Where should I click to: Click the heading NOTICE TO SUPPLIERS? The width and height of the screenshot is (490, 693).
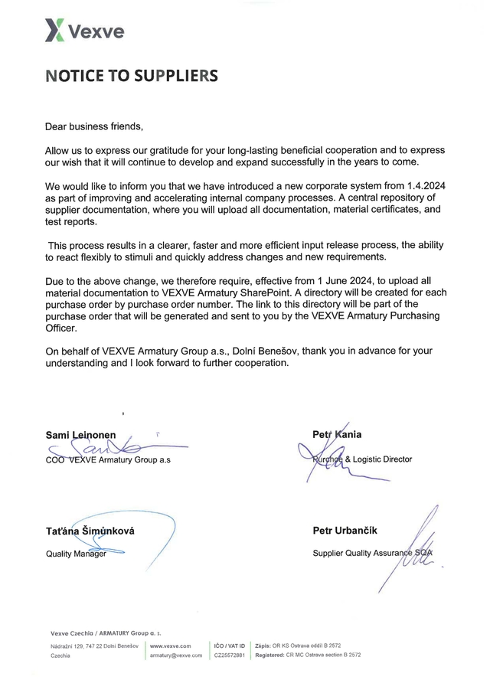click(131, 76)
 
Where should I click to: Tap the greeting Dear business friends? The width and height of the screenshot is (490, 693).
click(94, 126)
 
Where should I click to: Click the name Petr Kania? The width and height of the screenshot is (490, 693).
click(337, 435)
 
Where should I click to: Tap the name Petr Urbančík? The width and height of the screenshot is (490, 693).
click(345, 531)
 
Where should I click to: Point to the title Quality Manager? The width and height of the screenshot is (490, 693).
click(76, 554)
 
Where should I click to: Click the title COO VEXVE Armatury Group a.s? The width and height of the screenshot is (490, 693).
click(108, 459)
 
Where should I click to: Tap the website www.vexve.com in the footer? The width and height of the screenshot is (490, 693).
click(171, 646)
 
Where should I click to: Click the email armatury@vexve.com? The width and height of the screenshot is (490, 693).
click(176, 655)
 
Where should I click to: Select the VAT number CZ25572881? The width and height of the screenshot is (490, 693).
click(230, 655)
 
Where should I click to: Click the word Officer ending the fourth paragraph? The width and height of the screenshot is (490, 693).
click(63, 328)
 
